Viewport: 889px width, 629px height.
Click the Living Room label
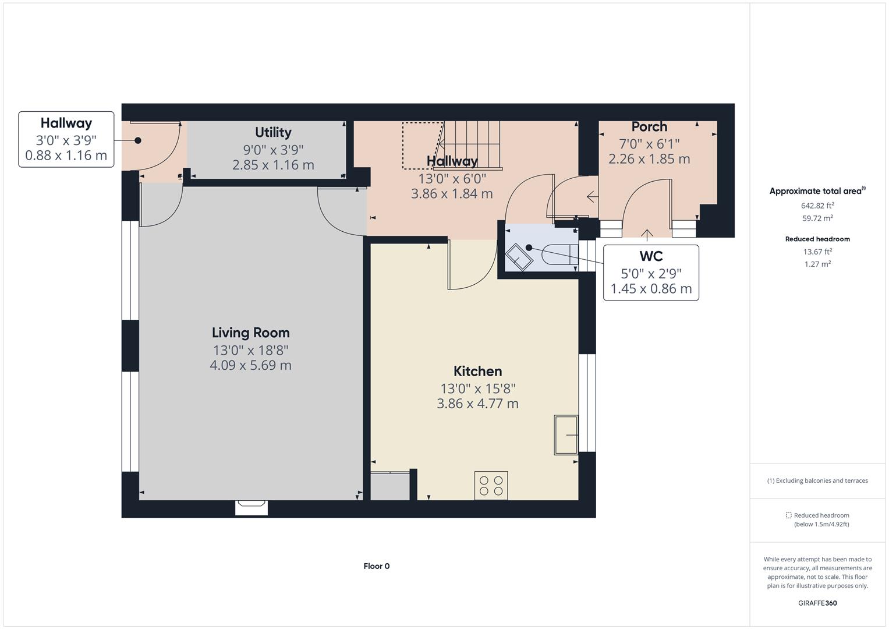click(x=250, y=333)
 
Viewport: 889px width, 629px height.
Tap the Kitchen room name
click(x=477, y=371)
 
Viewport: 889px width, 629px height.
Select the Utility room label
click(x=273, y=132)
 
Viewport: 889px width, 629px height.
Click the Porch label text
click(x=649, y=126)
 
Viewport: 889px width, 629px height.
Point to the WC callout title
click(x=651, y=256)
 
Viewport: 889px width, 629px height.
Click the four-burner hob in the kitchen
click(x=491, y=485)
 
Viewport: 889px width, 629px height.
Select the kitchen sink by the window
click(x=565, y=434)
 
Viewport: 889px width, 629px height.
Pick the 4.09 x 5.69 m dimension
click(x=250, y=365)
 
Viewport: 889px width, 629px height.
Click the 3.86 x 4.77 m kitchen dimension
click(x=477, y=404)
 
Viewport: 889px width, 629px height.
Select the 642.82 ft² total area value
click(x=817, y=206)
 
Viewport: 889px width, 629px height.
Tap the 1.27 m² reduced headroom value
click(x=817, y=264)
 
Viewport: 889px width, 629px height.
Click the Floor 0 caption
click(x=377, y=566)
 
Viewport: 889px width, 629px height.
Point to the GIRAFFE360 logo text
click(x=817, y=603)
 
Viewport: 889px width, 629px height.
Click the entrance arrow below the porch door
click(x=647, y=234)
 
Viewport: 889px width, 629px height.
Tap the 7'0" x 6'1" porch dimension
click(x=649, y=143)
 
